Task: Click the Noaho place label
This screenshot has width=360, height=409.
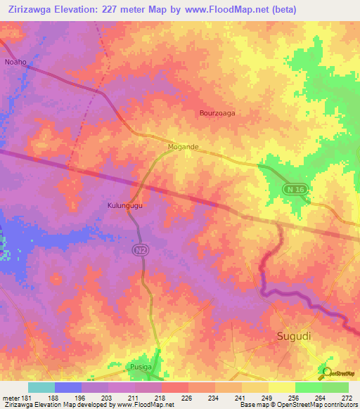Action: pos(15,62)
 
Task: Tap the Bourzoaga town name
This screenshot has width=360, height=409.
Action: pos(217,112)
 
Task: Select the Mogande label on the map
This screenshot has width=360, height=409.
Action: pos(183,147)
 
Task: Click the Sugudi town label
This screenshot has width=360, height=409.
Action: pos(291,337)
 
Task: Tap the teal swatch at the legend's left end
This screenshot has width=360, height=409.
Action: pos(41,387)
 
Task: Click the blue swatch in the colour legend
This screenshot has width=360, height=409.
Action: pos(68,387)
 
